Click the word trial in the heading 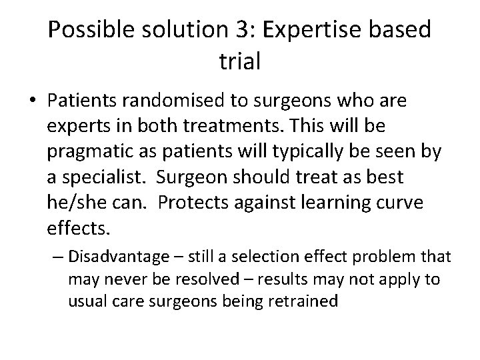[x=239, y=63]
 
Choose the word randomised [x=183, y=102]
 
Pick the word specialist [x=99, y=177]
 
